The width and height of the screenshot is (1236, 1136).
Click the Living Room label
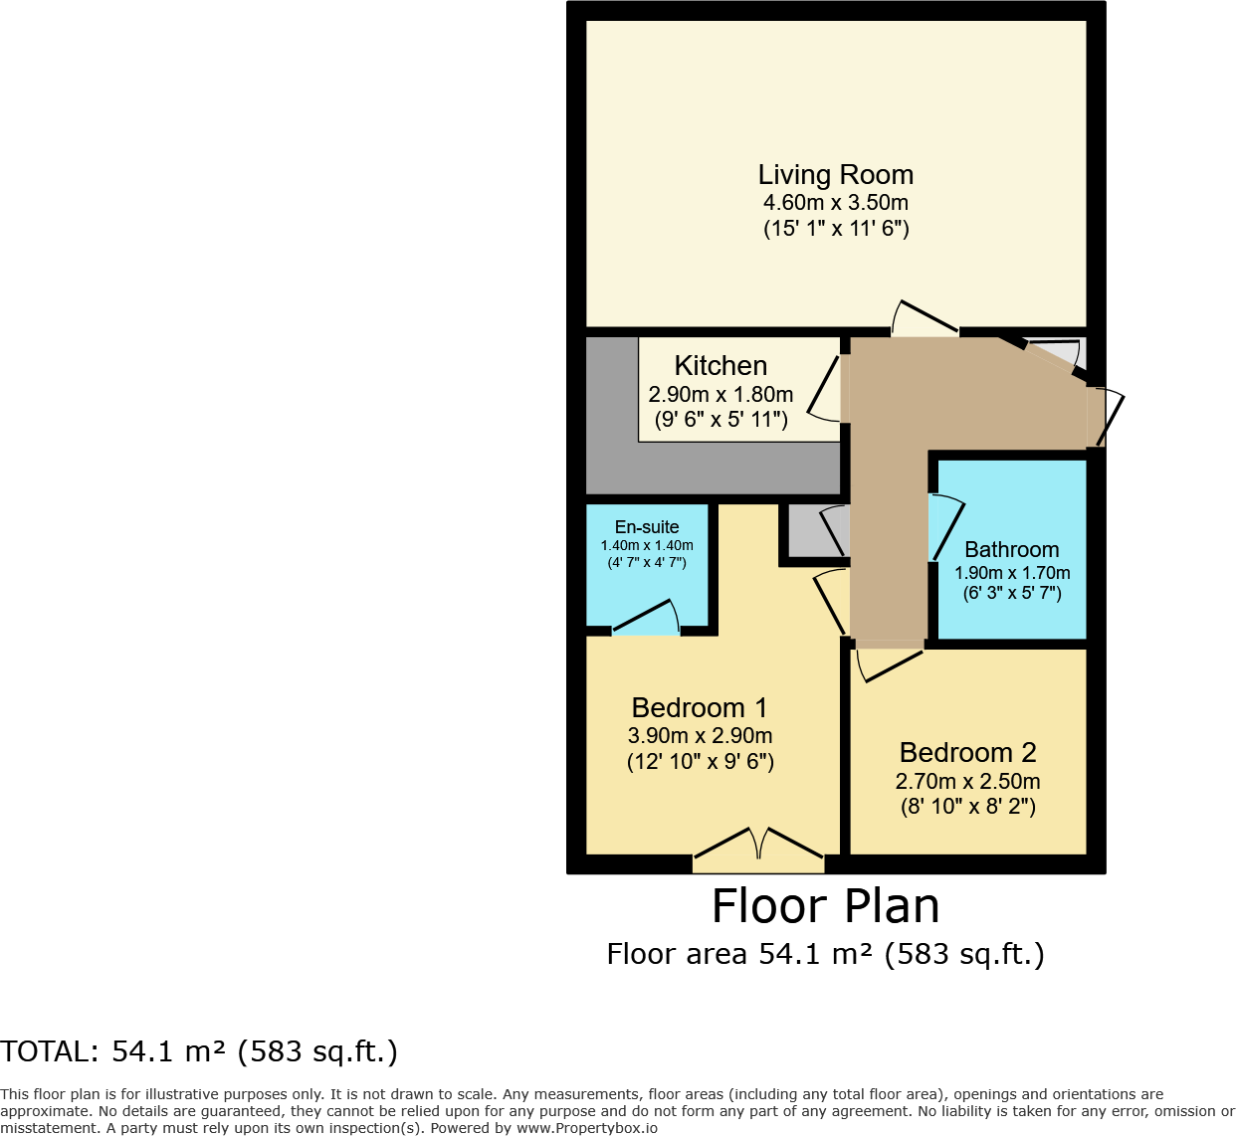point(835,175)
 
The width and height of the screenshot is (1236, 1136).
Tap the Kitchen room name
point(721,366)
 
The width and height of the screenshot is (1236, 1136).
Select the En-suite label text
point(647,527)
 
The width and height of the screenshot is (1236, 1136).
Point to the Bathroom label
point(1011,550)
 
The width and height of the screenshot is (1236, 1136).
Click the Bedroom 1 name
point(700,708)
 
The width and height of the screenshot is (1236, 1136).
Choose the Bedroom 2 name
point(967,753)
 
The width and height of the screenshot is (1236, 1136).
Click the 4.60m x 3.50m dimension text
point(835,203)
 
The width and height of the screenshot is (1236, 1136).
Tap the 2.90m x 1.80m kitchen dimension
point(721,395)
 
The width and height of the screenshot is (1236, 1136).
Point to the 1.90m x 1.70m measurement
point(1012,573)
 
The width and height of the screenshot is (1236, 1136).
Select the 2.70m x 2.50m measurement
point(967,782)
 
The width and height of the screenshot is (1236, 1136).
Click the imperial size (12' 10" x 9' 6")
point(700,762)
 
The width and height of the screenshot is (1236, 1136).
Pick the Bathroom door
point(944,525)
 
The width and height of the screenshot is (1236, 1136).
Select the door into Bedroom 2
point(889,662)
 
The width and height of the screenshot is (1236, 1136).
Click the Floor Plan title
point(825,906)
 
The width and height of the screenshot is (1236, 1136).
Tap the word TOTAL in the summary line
point(48,1051)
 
